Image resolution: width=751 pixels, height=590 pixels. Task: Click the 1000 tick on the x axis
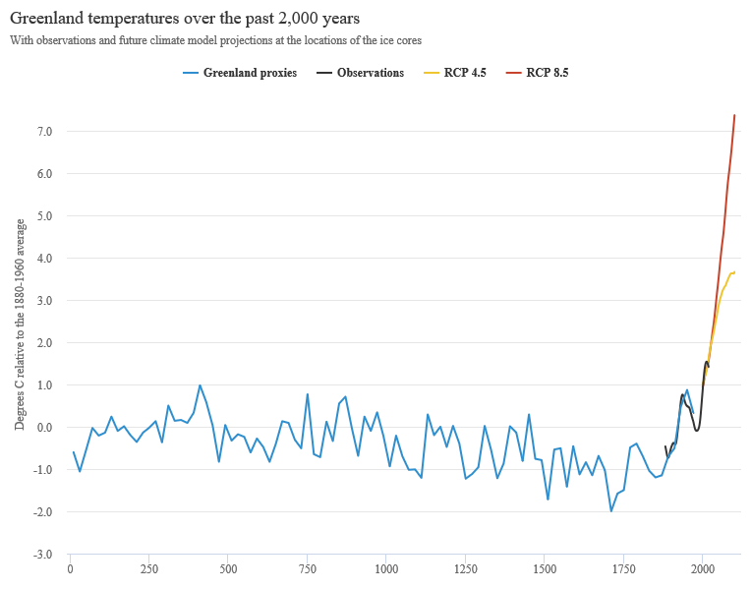coord(386,569)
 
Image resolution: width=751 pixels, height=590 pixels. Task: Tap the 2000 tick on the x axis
coord(702,569)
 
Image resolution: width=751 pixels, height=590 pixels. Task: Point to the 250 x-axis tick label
coord(149,569)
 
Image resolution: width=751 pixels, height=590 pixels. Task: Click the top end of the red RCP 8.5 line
coord(734,115)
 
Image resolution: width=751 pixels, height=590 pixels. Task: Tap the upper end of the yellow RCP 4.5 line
coord(734,271)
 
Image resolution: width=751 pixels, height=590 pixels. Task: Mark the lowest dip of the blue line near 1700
coord(610,510)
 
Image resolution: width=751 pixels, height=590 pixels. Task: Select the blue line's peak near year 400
coord(201,385)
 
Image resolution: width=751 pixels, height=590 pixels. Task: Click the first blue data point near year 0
coord(74,452)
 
